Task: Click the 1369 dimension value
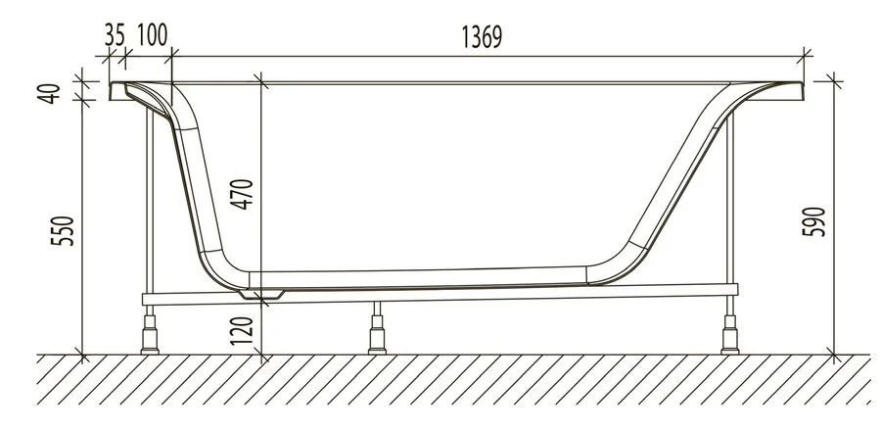482,36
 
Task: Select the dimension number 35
116,34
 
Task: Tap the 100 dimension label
152,34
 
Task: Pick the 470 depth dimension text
245,196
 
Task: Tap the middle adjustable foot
374,333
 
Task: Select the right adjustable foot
728,333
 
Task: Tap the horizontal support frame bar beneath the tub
440,298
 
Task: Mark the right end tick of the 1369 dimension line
805,53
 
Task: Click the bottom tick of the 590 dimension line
833,354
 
